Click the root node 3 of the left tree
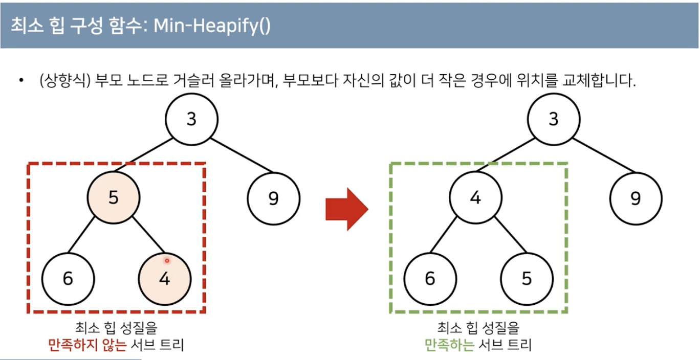click(x=191, y=119)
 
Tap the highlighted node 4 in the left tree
click(x=165, y=279)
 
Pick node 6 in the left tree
click(x=68, y=279)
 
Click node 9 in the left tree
click(x=274, y=198)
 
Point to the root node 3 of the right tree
click(x=553, y=119)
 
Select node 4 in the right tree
click(x=475, y=198)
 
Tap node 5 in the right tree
click(x=527, y=279)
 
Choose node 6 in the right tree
click(x=430, y=279)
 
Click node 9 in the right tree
click(x=636, y=198)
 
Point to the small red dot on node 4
click(x=167, y=261)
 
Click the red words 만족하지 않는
click(x=87, y=345)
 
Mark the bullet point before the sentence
click(x=21, y=81)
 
